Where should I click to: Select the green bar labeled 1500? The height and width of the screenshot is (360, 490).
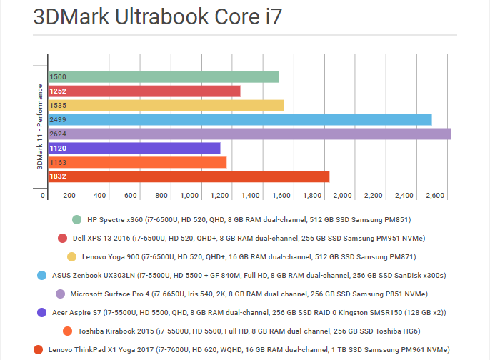(x=163, y=77)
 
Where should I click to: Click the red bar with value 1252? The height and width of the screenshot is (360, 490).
(x=144, y=91)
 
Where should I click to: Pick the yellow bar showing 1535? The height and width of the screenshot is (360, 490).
(x=166, y=106)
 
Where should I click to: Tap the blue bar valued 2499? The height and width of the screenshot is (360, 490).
(x=239, y=119)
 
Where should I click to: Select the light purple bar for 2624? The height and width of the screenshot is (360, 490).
(x=249, y=134)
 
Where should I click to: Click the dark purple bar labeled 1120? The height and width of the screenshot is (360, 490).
(x=134, y=148)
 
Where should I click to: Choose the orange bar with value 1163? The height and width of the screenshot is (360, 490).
(x=137, y=162)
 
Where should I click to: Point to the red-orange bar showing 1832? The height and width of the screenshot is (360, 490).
(x=189, y=176)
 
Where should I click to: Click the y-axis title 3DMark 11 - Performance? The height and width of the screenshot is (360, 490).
(x=40, y=126)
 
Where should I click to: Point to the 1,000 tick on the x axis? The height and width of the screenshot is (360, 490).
(x=189, y=195)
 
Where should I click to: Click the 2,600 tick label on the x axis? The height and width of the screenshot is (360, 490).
(x=434, y=195)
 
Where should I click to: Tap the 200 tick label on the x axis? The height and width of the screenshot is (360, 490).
(x=70, y=195)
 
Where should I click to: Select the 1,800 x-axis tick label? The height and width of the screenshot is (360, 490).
(x=312, y=195)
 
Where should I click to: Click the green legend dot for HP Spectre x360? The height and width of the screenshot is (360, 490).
(x=76, y=219)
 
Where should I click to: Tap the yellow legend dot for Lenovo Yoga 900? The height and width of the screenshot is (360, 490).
(x=71, y=256)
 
